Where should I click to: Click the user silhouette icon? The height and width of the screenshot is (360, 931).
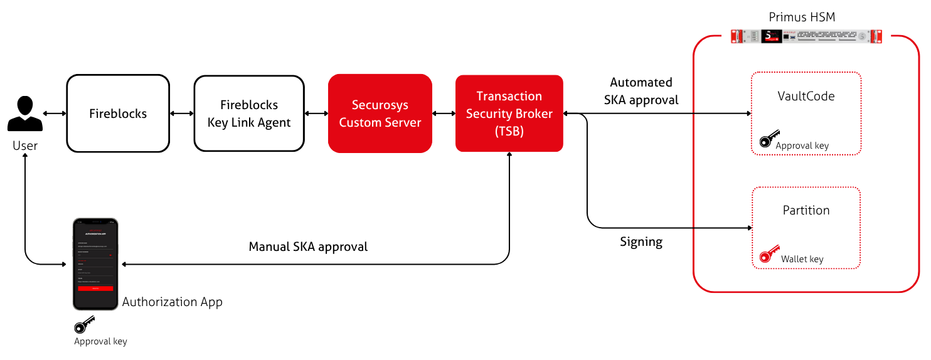pyautogui.click(x=24, y=114)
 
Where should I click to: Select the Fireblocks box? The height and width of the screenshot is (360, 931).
pyautogui.click(x=118, y=114)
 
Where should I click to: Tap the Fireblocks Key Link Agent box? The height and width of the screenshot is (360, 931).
pyautogui.click(x=249, y=114)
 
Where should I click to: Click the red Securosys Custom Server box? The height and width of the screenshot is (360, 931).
pyautogui.click(x=380, y=114)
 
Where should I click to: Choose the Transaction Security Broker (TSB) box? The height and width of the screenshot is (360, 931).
pyautogui.click(x=509, y=114)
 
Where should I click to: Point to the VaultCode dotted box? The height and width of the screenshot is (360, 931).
pyautogui.click(x=806, y=113)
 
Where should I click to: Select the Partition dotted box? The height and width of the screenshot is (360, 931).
pyautogui.click(x=806, y=228)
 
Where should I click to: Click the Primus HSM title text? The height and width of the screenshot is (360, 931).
pyautogui.click(x=802, y=17)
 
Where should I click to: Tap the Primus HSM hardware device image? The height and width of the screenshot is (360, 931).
pyautogui.click(x=806, y=36)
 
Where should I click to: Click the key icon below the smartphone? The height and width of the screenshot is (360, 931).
pyautogui.click(x=84, y=325)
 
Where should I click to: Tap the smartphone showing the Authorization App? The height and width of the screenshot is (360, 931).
pyautogui.click(x=95, y=264)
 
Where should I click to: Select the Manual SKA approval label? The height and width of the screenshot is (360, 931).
pyautogui.click(x=308, y=246)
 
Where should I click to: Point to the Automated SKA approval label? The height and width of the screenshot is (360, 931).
pyautogui.click(x=641, y=91)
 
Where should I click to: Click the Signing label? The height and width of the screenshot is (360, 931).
pyautogui.click(x=641, y=241)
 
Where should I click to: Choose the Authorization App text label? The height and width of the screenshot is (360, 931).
pyautogui.click(x=172, y=302)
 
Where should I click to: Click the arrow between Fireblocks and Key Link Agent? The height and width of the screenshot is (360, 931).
pyautogui.click(x=181, y=114)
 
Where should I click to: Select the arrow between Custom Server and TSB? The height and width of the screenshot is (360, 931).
pyautogui.click(x=444, y=114)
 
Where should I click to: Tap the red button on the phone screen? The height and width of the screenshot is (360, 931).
pyautogui.click(x=95, y=288)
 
